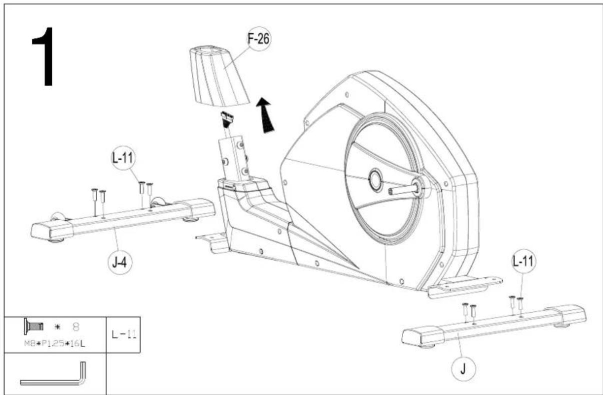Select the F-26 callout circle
coord(258,39)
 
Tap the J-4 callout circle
coord(120,262)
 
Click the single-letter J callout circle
coord(463,369)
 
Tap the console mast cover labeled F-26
coord(218,76)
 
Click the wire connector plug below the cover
coord(227,119)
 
